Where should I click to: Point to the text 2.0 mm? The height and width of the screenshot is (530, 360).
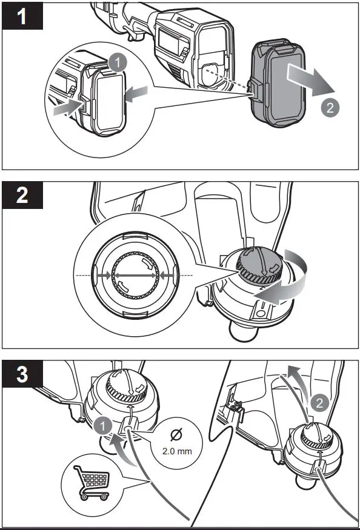click(x=174, y=451)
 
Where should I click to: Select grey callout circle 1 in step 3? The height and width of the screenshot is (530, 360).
click(x=103, y=426)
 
